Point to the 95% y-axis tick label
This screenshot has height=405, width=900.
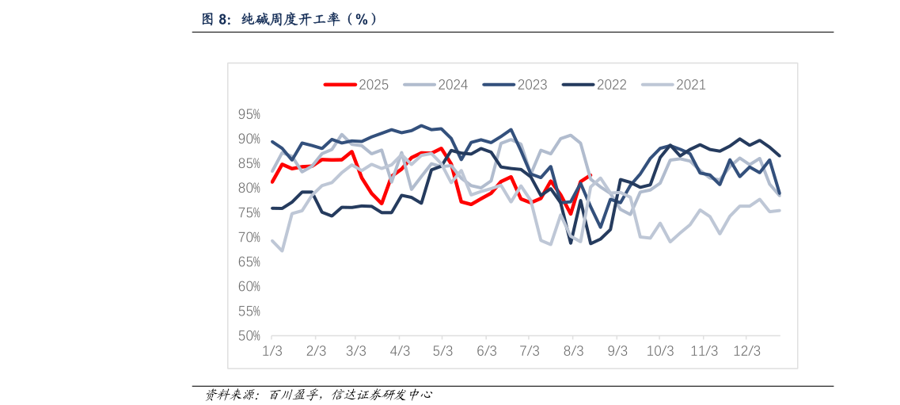click(x=249, y=115)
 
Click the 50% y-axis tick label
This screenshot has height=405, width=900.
click(x=249, y=336)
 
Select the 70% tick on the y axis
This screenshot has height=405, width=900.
click(x=249, y=238)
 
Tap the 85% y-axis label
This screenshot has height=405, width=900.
click(x=249, y=164)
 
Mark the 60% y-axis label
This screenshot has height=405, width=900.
click(x=249, y=287)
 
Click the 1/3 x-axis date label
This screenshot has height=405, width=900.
click(x=272, y=350)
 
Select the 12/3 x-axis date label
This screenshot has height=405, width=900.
click(x=746, y=350)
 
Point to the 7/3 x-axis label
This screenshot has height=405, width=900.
click(x=530, y=350)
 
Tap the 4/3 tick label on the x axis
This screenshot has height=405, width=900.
click(x=400, y=350)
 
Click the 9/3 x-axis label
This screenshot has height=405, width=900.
click(x=617, y=350)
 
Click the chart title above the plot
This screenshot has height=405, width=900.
click(x=290, y=20)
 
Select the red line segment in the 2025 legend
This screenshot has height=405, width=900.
click(x=340, y=85)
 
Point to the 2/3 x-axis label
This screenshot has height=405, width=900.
click(x=316, y=350)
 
